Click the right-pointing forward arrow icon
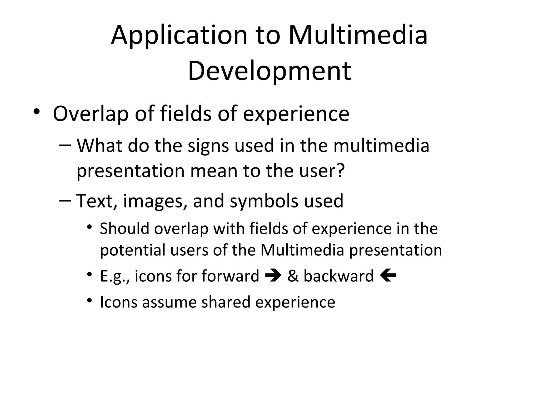pyautogui.click(x=273, y=276)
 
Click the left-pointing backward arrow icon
pyautogui.click(x=388, y=276)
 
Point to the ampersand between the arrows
pyautogui.click(x=293, y=276)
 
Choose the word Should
pyautogui.click(x=124, y=228)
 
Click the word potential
pyautogui.click(x=133, y=250)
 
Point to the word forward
pyautogui.click(x=230, y=276)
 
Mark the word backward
pyautogui.click(x=338, y=276)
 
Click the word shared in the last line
pyautogui.click(x=226, y=302)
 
